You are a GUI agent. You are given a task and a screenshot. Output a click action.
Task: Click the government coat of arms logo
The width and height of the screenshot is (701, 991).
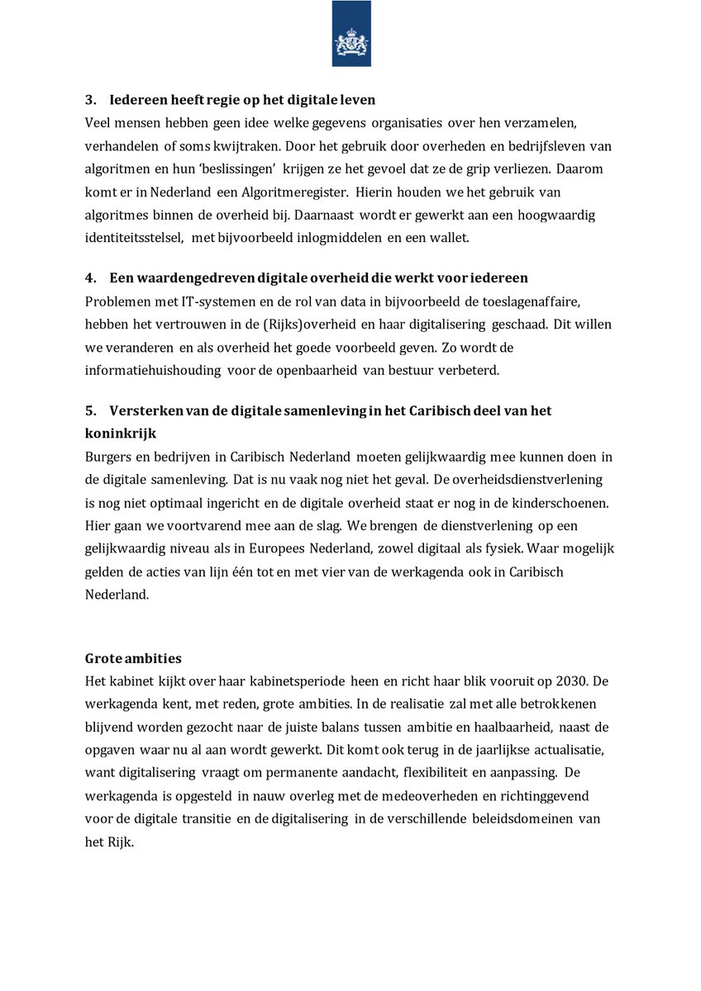pyautogui.click(x=351, y=34)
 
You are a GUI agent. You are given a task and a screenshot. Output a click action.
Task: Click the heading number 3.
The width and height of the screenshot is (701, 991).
pyautogui.click(x=89, y=100)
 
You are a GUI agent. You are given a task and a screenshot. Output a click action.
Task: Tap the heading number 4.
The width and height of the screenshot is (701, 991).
pyautogui.click(x=89, y=278)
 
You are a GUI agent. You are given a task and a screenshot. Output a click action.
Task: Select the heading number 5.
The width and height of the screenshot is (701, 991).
pyautogui.click(x=89, y=410)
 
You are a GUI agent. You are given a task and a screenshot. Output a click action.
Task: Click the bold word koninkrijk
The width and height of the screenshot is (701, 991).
pyautogui.click(x=121, y=434)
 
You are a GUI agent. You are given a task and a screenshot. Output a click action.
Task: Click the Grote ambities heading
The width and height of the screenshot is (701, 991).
pyautogui.click(x=133, y=658)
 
